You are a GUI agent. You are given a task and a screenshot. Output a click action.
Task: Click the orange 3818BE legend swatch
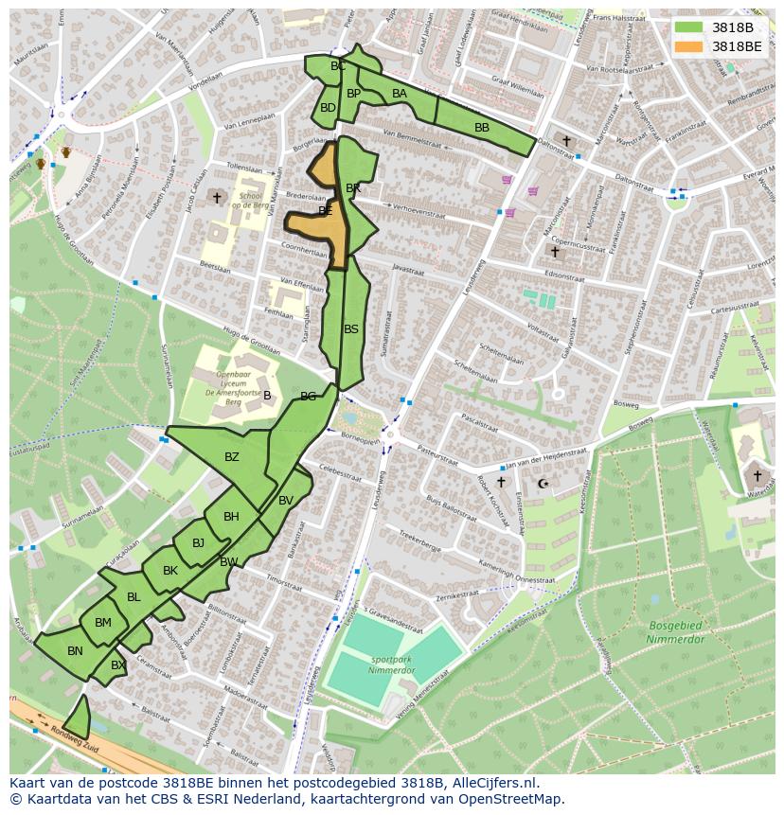point(688,45)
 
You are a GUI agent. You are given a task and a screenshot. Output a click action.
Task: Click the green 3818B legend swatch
point(688,27)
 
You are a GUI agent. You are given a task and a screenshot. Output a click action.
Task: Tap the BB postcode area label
point(482,127)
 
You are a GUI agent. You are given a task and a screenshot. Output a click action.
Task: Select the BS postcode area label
point(351,329)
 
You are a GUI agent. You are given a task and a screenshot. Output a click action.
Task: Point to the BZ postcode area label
point(232,457)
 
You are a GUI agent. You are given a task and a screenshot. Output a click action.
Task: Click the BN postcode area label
point(75,650)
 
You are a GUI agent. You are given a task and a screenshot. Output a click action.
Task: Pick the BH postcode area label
point(231,516)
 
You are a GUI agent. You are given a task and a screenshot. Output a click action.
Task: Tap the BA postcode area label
point(400,93)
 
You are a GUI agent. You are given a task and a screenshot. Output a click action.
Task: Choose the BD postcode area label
point(328,108)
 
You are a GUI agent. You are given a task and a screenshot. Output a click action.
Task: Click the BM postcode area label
point(103,622)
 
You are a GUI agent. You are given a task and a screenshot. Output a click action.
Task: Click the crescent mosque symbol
point(543,484)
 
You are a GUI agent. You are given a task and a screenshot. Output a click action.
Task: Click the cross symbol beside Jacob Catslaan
point(217,198)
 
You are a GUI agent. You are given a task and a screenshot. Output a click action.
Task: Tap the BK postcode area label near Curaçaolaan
point(170,571)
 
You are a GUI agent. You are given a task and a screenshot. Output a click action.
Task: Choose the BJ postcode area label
point(198,543)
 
